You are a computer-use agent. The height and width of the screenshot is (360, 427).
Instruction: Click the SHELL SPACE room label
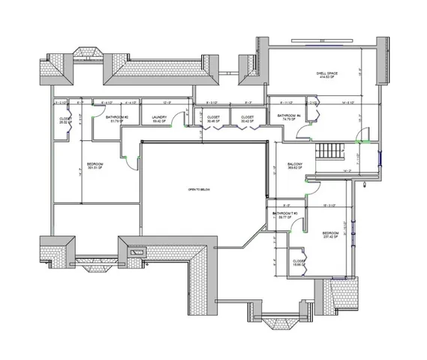coord(326,73)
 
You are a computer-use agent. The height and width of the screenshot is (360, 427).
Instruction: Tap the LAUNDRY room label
coord(158,117)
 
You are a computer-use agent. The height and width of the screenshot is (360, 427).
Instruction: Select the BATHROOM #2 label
coord(117,117)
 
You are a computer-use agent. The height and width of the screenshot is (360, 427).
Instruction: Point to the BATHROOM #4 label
coord(288,116)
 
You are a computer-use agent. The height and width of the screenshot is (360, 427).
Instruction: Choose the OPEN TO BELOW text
coord(199,190)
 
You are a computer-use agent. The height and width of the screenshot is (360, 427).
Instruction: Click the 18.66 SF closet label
coord(299,262)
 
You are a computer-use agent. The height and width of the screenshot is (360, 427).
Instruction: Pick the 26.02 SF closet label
coord(65,120)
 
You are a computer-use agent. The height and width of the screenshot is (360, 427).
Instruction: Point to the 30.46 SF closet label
coord(213,118)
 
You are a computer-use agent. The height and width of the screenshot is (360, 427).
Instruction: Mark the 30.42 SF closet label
coord(247,118)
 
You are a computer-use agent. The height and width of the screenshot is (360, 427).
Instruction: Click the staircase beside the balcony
coord(329,150)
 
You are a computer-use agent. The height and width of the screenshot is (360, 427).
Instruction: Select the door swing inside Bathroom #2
coord(96,112)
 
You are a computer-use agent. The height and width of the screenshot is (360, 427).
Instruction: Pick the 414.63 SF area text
coord(326,77)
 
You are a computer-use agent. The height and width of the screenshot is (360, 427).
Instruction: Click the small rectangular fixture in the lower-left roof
coord(137,253)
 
